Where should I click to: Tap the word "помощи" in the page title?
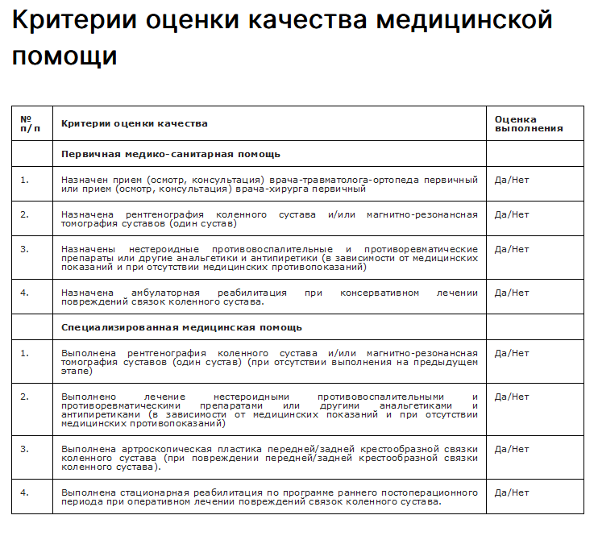(64, 56)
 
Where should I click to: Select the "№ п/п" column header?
(30, 123)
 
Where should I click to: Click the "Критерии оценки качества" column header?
(135, 123)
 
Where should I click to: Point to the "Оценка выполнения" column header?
(528, 123)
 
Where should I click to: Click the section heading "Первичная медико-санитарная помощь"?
(171, 153)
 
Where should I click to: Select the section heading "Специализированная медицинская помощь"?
(182, 327)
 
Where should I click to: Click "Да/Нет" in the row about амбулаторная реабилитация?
(512, 293)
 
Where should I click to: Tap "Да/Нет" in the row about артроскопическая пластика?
(512, 449)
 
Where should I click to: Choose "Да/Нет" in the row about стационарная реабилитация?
(512, 492)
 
